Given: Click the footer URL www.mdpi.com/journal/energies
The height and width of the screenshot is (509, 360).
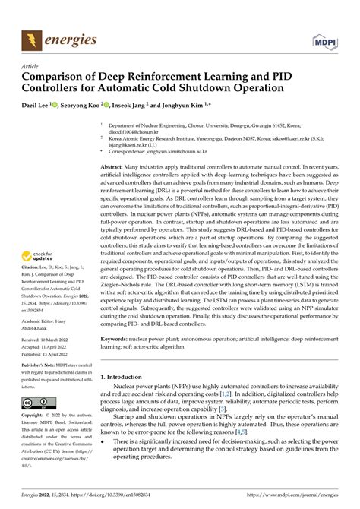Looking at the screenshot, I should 296,501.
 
